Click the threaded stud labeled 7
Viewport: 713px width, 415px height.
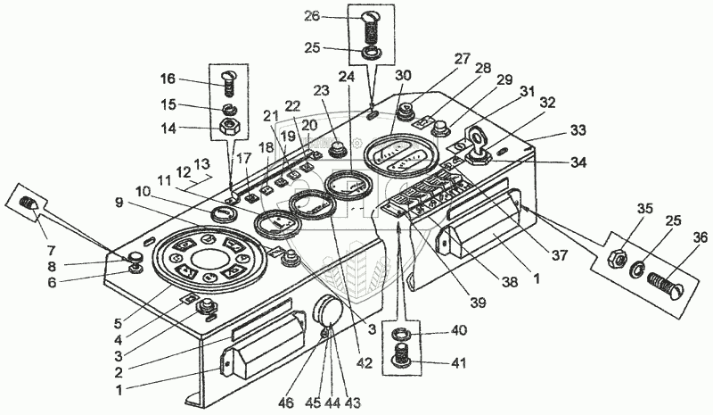[27, 204]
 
